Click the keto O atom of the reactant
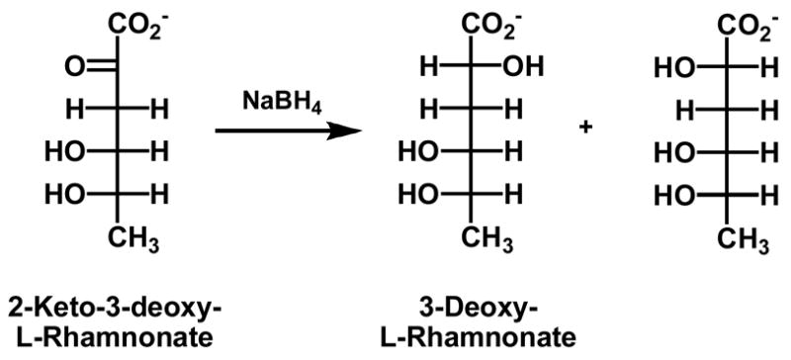[73, 68]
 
